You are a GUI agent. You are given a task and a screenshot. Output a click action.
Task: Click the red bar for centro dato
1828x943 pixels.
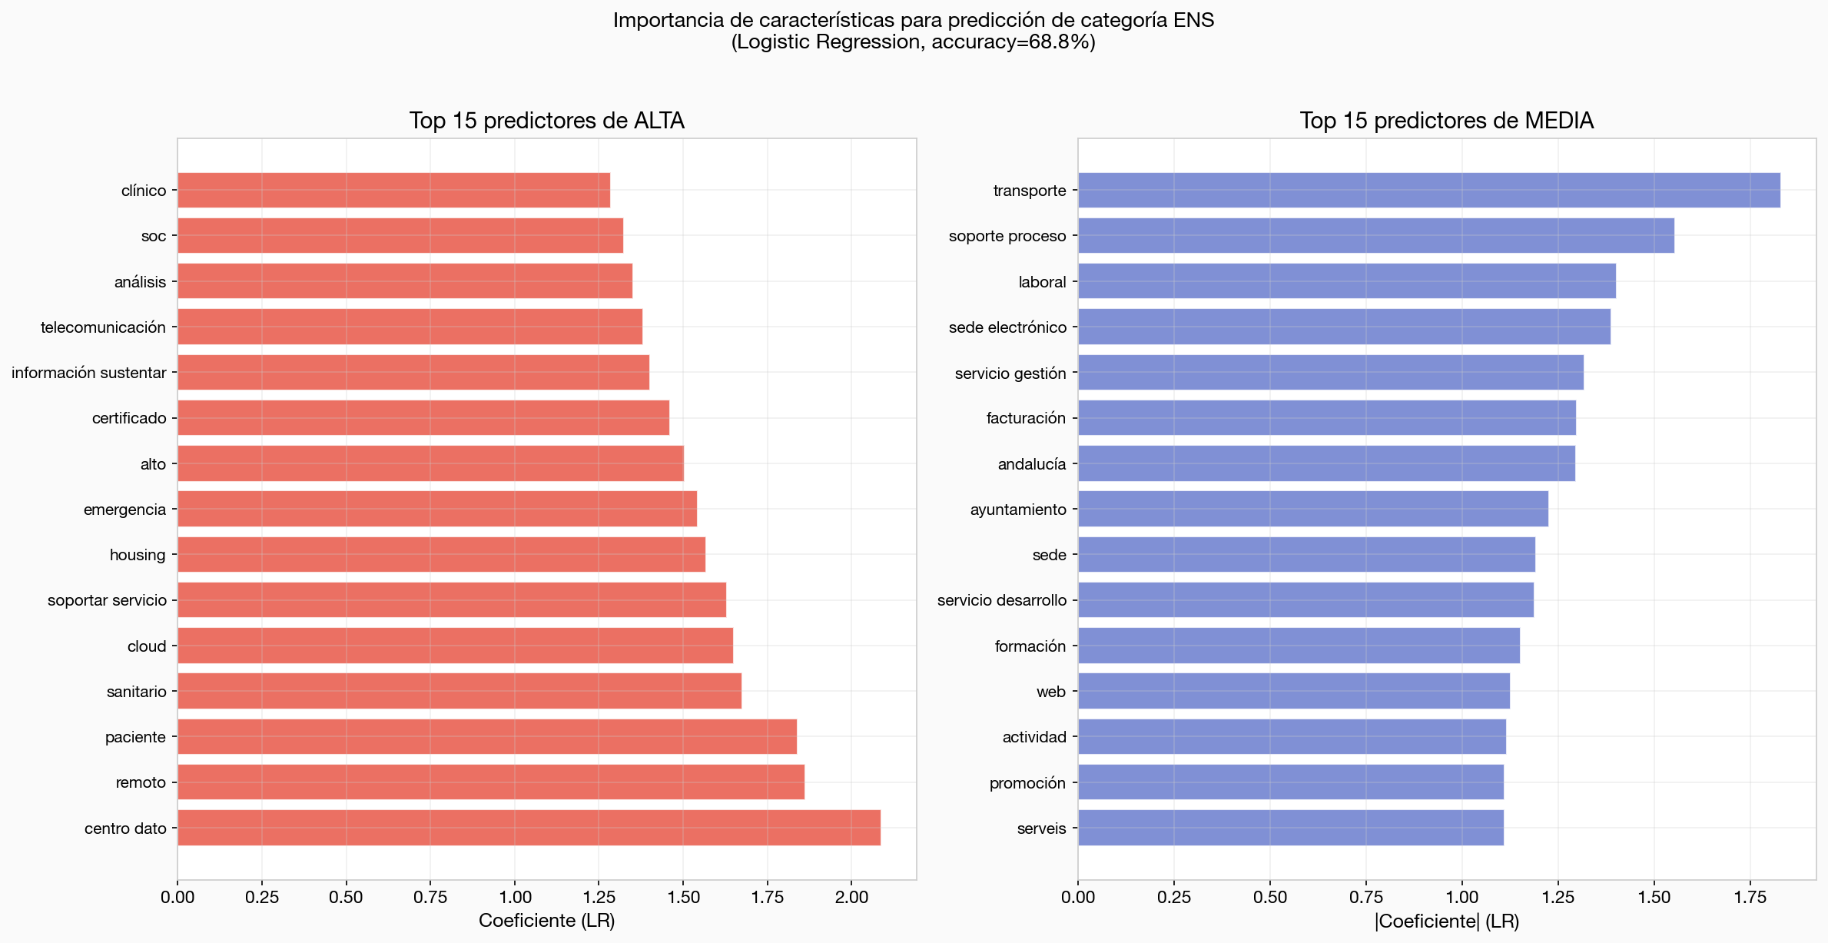(x=529, y=828)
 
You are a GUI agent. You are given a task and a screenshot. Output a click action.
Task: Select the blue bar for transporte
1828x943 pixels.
(x=1428, y=190)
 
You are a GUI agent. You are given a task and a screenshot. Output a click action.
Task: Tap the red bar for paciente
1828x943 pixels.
(x=487, y=736)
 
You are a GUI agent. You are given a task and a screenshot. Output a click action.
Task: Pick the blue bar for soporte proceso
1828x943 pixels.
(x=1375, y=235)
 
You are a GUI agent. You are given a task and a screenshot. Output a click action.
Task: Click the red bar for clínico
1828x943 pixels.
(x=393, y=190)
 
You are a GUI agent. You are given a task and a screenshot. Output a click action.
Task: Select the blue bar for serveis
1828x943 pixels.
(x=1290, y=828)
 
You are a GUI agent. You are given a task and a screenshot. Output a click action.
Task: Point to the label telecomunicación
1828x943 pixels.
(x=103, y=327)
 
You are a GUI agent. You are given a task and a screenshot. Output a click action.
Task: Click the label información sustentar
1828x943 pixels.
(x=89, y=373)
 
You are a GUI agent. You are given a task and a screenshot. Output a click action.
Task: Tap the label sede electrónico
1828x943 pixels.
(x=1007, y=327)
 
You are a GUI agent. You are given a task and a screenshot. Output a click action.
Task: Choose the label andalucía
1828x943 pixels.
(x=1031, y=464)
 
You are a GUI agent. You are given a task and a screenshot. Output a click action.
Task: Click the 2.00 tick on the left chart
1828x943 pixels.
(x=851, y=897)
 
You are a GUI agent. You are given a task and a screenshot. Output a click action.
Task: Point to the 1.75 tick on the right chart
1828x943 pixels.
(x=1750, y=897)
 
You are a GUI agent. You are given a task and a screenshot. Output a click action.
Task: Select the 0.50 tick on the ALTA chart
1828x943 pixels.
(x=346, y=897)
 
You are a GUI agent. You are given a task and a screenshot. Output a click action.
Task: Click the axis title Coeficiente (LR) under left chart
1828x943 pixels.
(x=546, y=921)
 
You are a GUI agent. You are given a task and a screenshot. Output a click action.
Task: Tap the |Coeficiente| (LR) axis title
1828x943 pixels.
(x=1446, y=921)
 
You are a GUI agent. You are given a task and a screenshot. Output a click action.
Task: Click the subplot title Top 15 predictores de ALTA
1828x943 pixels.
(x=546, y=121)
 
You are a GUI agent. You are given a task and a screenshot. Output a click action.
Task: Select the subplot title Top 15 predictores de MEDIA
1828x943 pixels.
(x=1446, y=121)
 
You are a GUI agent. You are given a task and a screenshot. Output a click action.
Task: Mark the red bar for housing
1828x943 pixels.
(x=441, y=554)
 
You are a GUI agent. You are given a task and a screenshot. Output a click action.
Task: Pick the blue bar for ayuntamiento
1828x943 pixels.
(x=1312, y=509)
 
